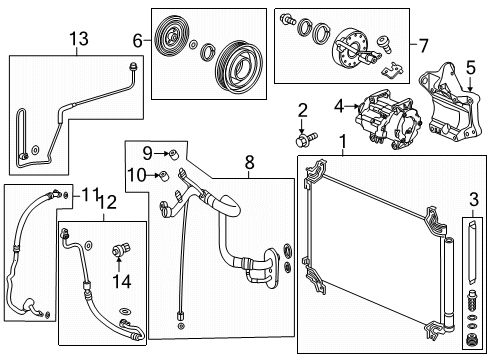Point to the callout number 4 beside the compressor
339,103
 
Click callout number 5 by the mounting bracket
469,68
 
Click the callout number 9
147,153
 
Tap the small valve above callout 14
121,250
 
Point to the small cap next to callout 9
173,153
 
